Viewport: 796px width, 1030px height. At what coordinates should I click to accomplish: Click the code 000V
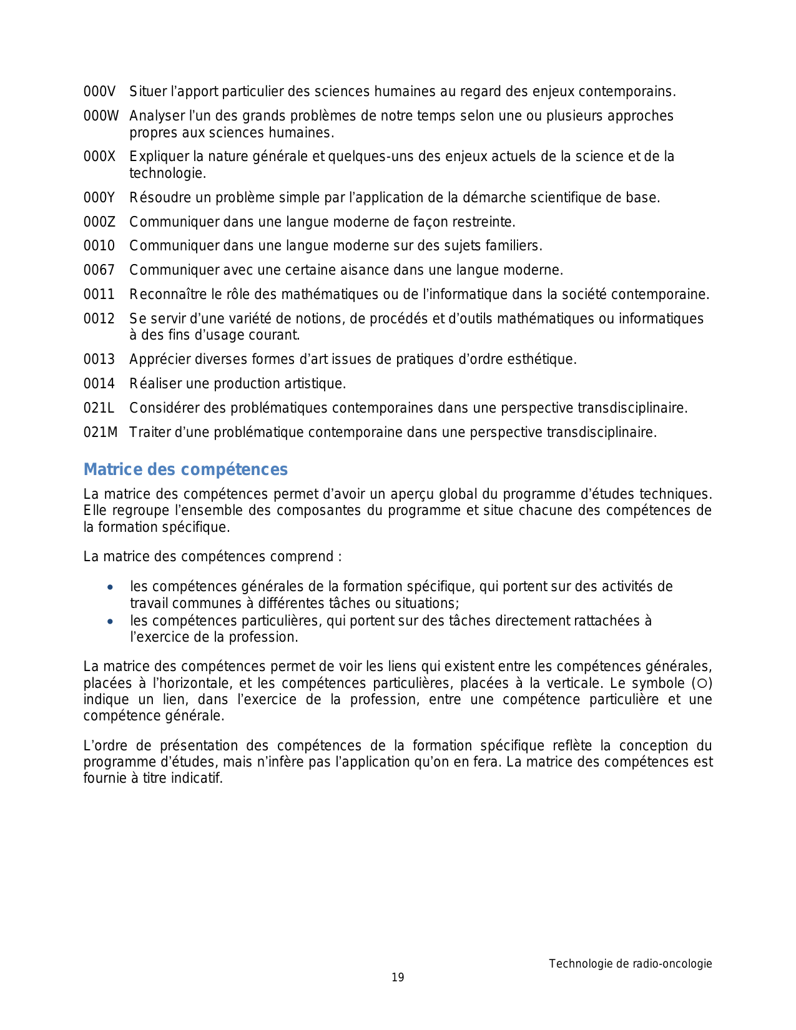click(99, 92)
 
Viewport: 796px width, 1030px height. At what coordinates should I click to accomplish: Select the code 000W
click(101, 116)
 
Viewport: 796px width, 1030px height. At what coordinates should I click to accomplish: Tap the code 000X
click(99, 157)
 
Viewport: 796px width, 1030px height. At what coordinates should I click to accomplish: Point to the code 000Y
click(99, 198)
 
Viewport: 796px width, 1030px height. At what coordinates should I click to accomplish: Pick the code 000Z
click(99, 222)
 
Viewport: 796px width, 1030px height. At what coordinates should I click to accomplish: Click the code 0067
click(99, 270)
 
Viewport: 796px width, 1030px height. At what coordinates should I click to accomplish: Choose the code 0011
click(99, 295)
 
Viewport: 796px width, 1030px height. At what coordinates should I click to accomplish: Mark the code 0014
click(99, 384)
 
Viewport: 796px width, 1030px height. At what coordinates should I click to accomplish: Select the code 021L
click(99, 408)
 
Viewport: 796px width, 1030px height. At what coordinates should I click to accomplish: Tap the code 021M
click(101, 433)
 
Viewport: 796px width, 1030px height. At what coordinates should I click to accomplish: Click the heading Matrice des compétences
click(185, 469)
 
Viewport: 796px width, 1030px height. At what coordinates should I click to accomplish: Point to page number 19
click(398, 978)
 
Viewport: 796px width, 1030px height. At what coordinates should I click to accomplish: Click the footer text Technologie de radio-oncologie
click(630, 964)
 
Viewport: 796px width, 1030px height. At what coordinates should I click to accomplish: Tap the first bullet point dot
click(110, 587)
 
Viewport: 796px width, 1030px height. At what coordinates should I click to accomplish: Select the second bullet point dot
click(110, 622)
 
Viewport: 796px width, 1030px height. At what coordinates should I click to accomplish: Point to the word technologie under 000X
click(167, 174)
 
